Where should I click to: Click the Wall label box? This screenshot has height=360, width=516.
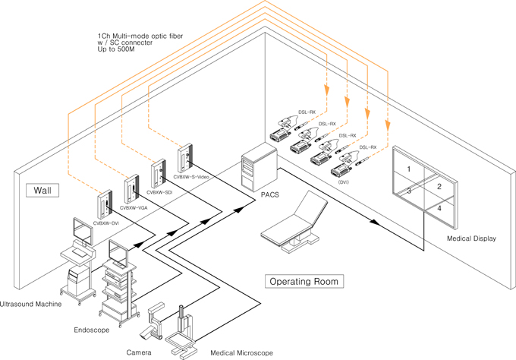coord(40,189)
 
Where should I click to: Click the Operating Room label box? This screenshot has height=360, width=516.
coord(304,281)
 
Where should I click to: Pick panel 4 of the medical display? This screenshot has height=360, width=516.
coord(439,208)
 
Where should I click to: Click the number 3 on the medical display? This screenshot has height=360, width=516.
coord(408,191)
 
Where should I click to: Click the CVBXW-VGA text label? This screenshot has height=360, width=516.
coord(134,207)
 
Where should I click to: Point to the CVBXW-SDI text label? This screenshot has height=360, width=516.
coord(160,192)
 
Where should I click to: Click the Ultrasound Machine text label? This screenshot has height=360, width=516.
coord(30,304)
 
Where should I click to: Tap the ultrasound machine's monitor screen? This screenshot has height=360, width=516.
coord(83,227)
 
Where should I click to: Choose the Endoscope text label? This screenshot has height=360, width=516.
coord(92,330)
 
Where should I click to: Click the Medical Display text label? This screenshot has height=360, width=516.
coord(471,238)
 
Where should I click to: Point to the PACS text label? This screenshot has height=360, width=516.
coord(269,194)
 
